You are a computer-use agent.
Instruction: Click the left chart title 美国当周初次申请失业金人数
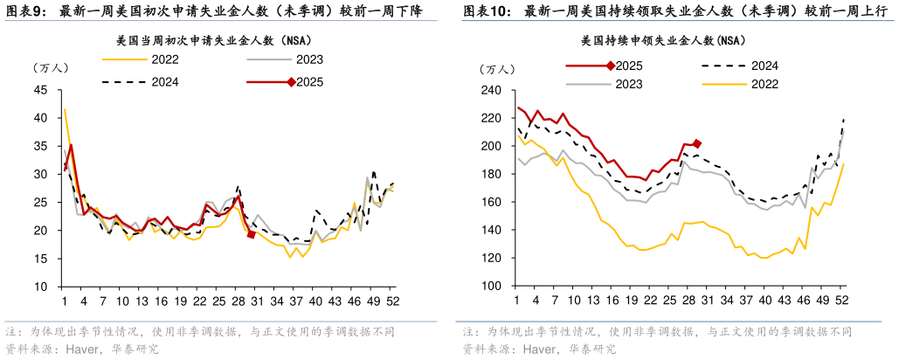click(214, 40)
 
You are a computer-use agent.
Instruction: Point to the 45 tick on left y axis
click(40, 90)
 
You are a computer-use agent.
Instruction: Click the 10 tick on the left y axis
click(40, 287)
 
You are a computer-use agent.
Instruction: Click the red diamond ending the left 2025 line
click(252, 234)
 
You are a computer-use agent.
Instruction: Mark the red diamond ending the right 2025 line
click(697, 143)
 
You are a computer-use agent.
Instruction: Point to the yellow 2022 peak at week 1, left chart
click(65, 109)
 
